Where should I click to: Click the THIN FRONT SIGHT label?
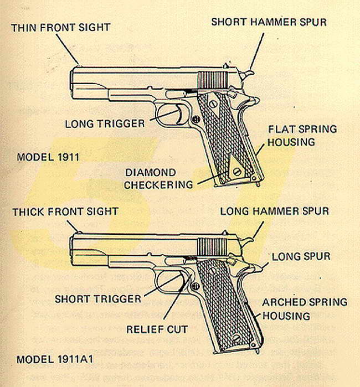pyautogui.click(x=60, y=27)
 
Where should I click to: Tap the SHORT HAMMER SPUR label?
pyautogui.click(x=269, y=22)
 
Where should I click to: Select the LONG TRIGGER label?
pyautogui.click(x=105, y=123)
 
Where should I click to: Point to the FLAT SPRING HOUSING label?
pyautogui.click(x=302, y=136)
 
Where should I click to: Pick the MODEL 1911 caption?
pyautogui.click(x=48, y=157)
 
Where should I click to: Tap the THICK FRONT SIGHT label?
pyautogui.click(x=65, y=211)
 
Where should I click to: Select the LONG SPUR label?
pyautogui.click(x=301, y=256)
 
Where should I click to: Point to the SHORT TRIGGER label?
pyautogui.click(x=98, y=299)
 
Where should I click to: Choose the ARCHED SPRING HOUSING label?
pyautogui.click(x=305, y=309)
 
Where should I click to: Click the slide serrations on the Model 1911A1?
pyautogui.click(x=210, y=247)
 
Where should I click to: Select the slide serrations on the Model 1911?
pyautogui.click(x=211, y=78)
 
